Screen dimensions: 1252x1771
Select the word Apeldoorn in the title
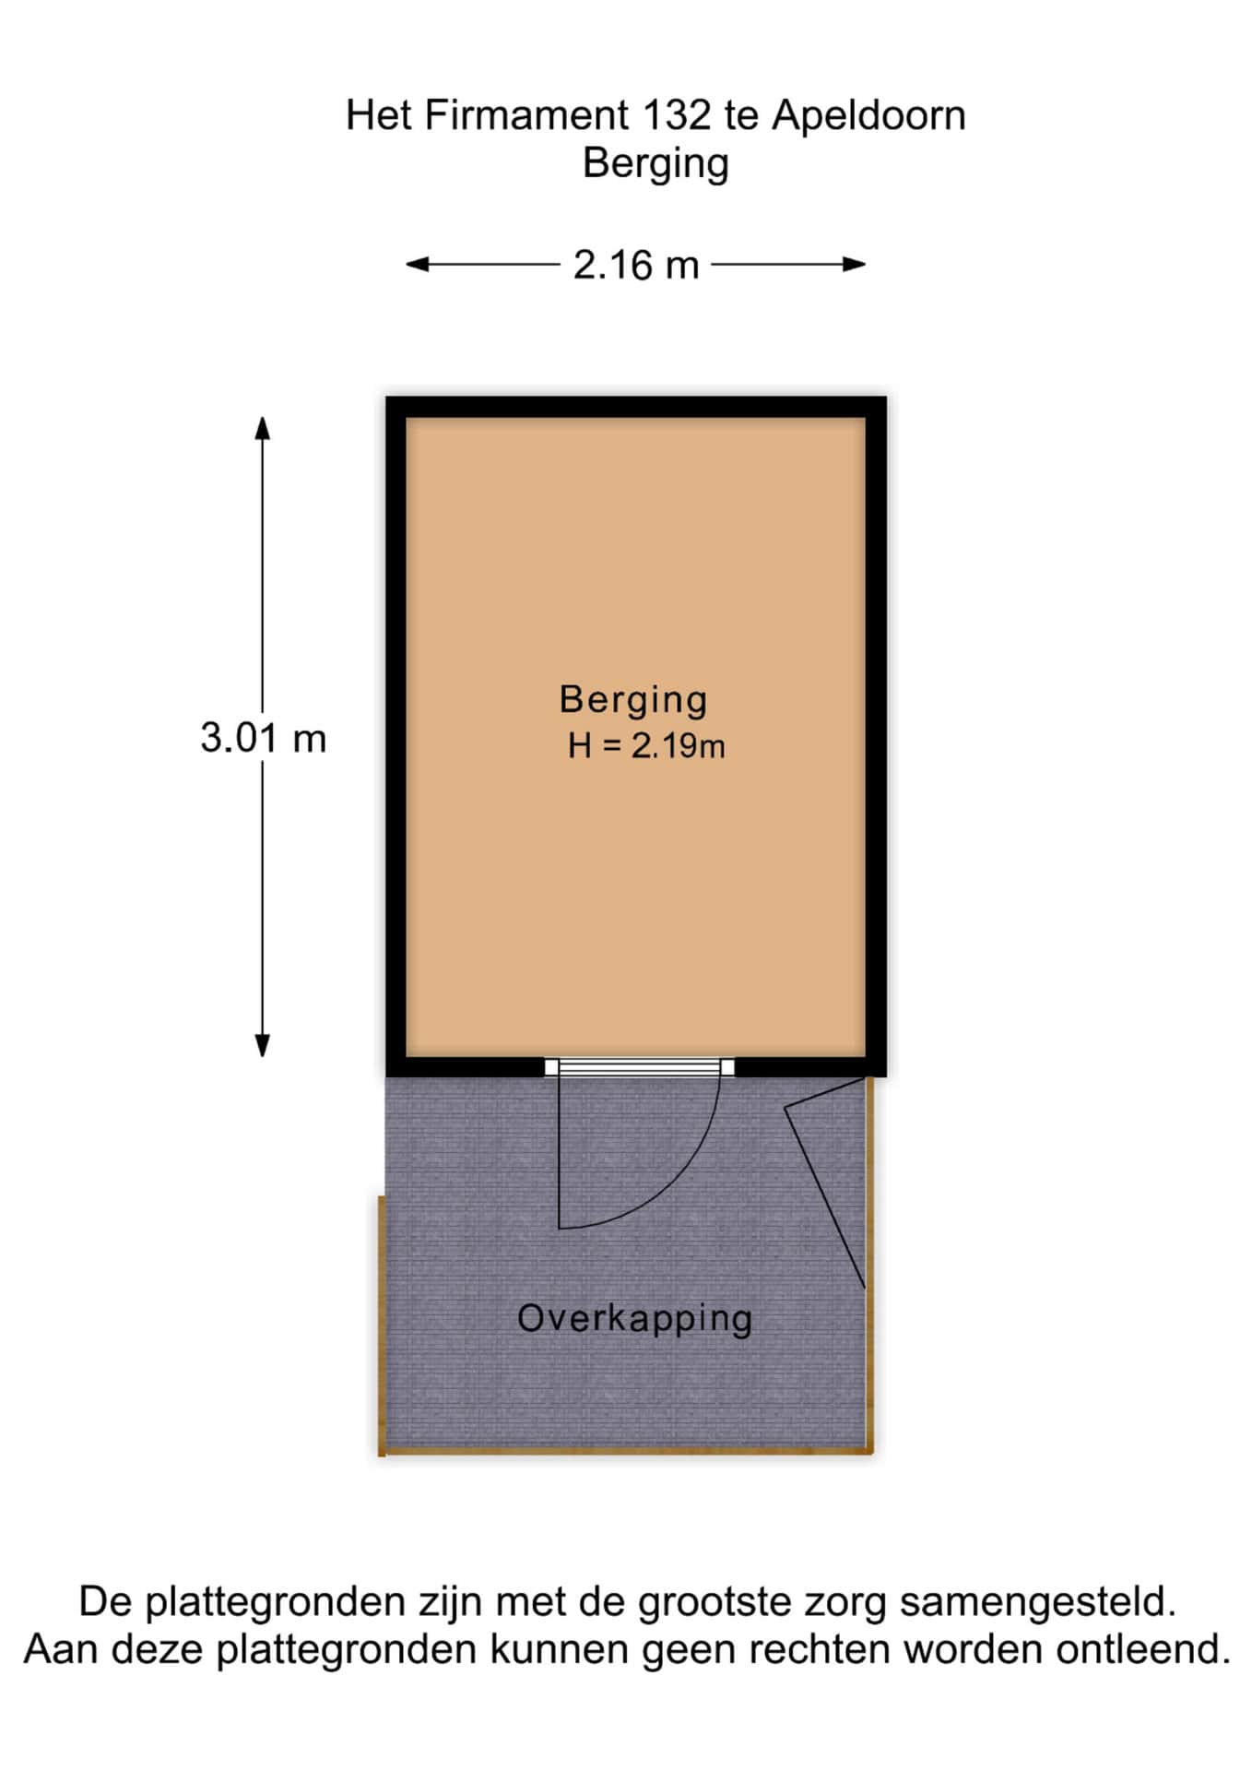coord(868,116)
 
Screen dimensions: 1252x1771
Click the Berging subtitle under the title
coord(656,164)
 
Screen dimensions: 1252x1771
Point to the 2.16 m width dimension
coord(636,266)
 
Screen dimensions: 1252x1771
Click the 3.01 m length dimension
coord(264,738)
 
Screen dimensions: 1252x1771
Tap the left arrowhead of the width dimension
coord(417,265)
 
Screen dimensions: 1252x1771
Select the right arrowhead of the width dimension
coord(854,265)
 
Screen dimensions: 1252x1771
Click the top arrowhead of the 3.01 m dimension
coord(263,428)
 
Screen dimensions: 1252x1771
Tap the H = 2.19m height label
coord(646,745)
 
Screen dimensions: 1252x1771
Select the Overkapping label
coord(634,1319)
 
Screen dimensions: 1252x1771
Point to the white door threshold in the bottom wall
coord(639,1067)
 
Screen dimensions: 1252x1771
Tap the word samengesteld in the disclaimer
coord(1038,1602)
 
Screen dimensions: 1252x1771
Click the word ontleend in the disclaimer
coord(1142,1648)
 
